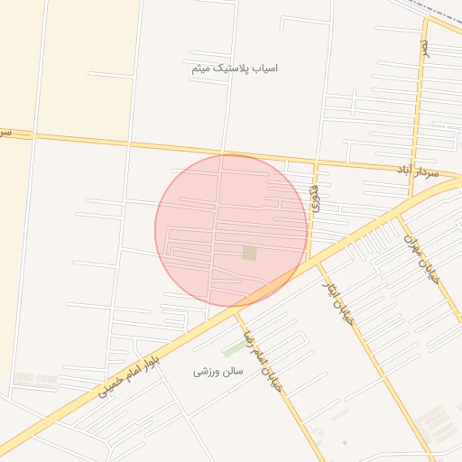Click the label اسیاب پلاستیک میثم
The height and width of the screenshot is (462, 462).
pos(235,69)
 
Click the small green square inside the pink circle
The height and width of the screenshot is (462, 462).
pos(249,254)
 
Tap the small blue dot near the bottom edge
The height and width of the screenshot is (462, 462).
pos(344,443)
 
